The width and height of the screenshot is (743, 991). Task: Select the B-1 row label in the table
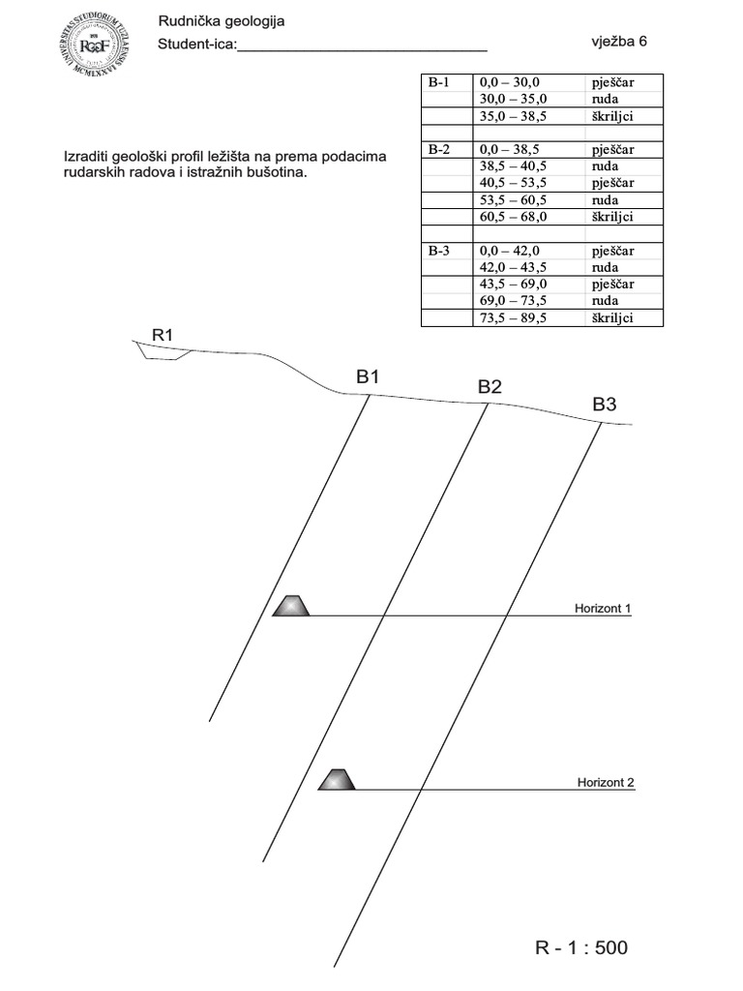[x=440, y=82]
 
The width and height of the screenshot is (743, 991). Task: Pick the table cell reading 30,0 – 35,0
[x=514, y=100]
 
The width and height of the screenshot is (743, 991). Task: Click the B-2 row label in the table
[x=440, y=150]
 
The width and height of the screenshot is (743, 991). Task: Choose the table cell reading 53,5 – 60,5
[x=514, y=200]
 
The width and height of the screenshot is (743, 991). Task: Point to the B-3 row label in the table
[x=440, y=251]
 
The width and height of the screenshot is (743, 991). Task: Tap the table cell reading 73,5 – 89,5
[x=514, y=317]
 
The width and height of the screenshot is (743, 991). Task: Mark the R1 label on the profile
[x=163, y=335]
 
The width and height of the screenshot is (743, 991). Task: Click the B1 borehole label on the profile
[x=368, y=377]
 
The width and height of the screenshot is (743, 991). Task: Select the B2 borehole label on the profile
[x=490, y=387]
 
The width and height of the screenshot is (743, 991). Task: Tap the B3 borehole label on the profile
[x=604, y=405]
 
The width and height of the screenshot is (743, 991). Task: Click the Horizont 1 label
[x=602, y=609]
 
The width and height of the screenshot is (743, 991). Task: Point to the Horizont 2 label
[x=606, y=782]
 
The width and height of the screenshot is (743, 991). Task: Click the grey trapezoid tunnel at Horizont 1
[x=291, y=606]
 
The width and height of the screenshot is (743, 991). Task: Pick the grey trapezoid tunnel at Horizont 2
[x=337, y=779]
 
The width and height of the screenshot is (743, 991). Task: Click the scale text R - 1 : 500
[x=580, y=947]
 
